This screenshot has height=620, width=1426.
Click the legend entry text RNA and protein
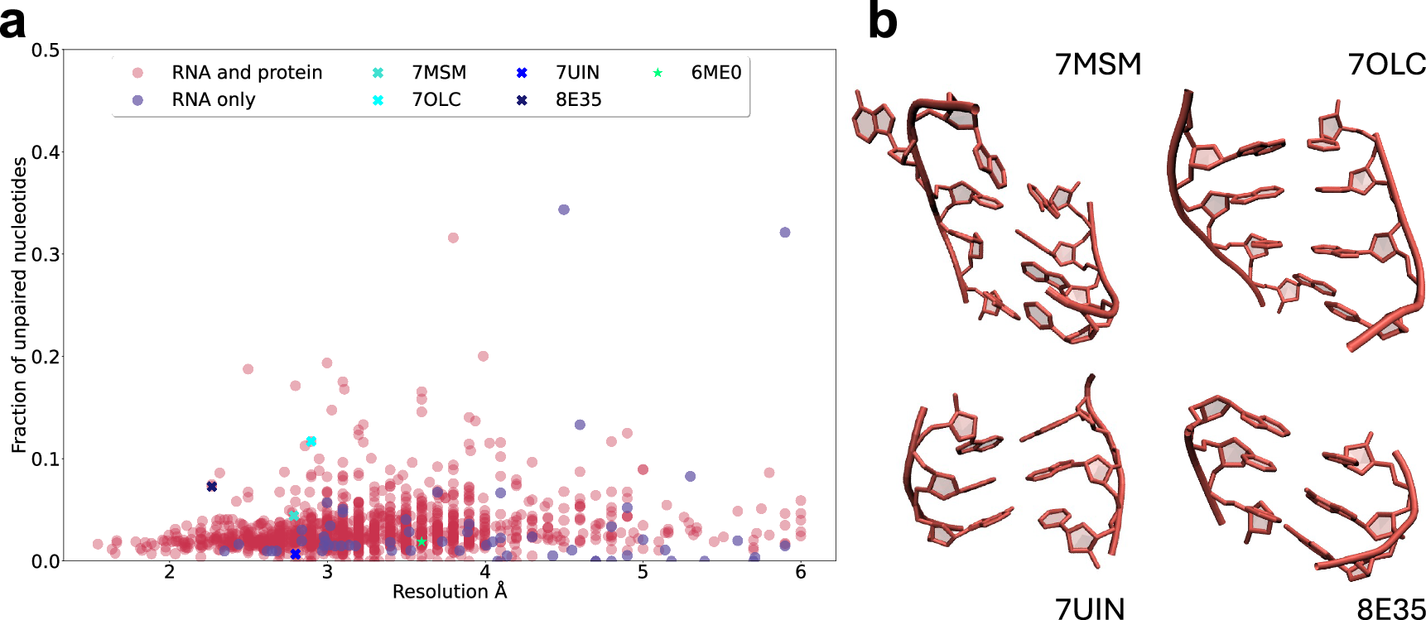[246, 73]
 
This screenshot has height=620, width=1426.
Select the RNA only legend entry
[213, 100]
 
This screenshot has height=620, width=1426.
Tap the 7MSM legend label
[439, 73]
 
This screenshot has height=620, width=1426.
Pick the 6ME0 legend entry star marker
[658, 73]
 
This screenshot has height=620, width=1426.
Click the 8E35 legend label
[578, 100]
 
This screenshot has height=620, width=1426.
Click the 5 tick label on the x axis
[643, 573]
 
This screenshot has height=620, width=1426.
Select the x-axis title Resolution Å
[449, 592]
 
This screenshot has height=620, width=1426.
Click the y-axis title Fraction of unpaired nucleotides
[19, 305]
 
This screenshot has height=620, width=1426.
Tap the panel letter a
[12, 22]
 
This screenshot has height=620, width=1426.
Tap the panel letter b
[882, 21]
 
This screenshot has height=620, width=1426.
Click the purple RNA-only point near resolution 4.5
[564, 209]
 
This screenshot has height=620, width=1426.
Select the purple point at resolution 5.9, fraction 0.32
[785, 233]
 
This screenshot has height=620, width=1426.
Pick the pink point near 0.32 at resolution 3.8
[453, 238]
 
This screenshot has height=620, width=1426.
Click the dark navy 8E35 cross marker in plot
[212, 487]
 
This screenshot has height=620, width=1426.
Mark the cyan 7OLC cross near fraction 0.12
[311, 441]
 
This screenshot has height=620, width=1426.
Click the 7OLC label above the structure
[1386, 64]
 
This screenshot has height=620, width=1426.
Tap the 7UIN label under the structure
[1089, 609]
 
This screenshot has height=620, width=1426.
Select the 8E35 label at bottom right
[1390, 609]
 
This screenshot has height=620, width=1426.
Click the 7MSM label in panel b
[1097, 64]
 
